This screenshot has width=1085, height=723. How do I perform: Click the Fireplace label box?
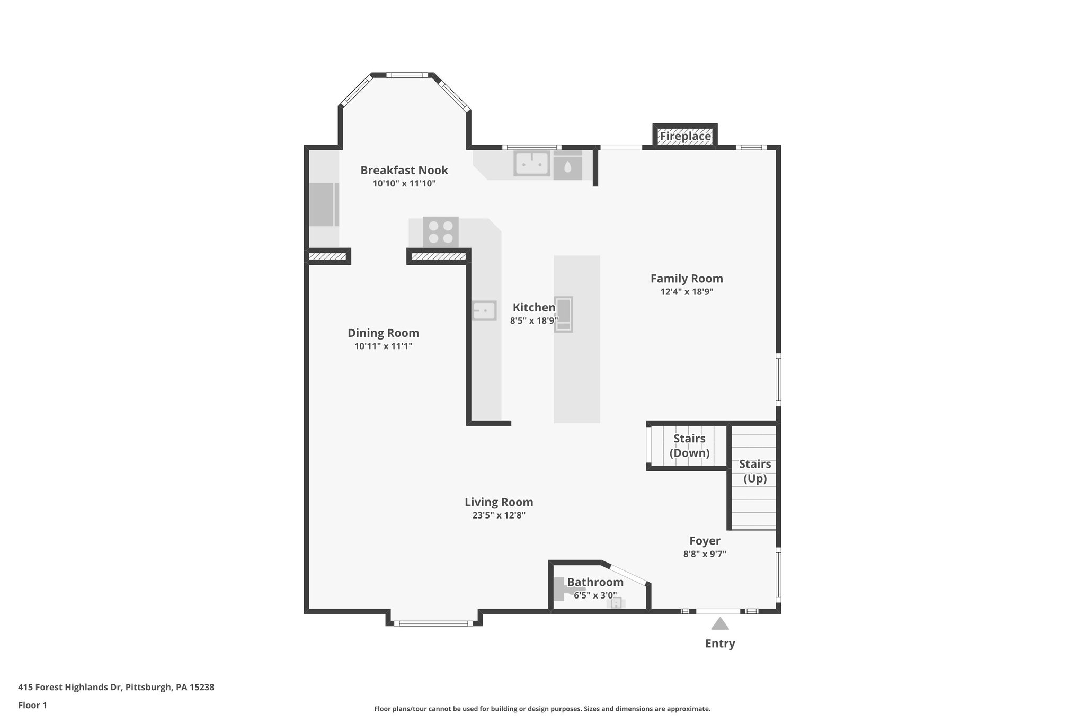tap(684, 136)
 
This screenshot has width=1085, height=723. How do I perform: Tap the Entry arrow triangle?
tap(719, 624)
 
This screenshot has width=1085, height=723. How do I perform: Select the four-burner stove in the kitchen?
tap(441, 232)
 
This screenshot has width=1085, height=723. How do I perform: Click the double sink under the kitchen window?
tap(531, 164)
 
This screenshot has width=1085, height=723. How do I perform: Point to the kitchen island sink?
tap(564, 315)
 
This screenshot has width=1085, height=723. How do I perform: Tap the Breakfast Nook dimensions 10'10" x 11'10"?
tap(404, 184)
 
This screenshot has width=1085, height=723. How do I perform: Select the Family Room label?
tap(687, 279)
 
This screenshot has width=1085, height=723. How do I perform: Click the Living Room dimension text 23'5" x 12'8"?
tap(499, 515)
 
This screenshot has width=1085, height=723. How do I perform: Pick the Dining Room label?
tap(383, 333)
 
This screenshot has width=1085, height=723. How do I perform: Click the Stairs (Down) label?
tap(689, 445)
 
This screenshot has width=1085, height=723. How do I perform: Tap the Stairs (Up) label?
tap(754, 471)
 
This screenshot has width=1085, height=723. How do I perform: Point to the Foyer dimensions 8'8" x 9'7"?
tap(704, 554)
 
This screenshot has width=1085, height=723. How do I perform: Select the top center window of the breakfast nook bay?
tap(407, 75)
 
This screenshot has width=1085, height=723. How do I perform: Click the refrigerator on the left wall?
tap(323, 204)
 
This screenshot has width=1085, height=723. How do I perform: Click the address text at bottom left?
tap(116, 688)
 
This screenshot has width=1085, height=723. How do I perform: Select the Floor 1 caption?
tap(32, 705)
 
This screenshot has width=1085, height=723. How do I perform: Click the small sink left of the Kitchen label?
tap(484, 310)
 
